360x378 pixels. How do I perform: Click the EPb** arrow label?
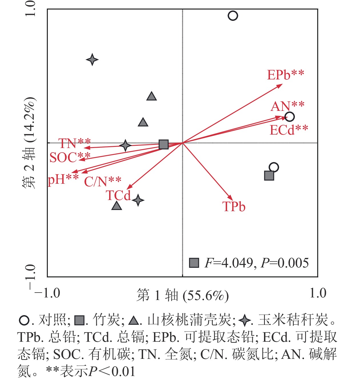[285, 75]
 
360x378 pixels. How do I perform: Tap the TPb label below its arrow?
[234, 207]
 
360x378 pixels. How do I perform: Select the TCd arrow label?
[118, 196]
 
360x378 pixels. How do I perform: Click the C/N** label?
[103, 181]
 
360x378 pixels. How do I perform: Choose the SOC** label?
[70, 157]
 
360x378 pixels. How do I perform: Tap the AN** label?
[287, 106]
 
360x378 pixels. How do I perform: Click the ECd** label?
[289, 130]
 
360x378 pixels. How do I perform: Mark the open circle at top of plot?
[233, 16]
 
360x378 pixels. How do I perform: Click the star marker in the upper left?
[92, 60]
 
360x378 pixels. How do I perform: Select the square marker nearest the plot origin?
[163, 145]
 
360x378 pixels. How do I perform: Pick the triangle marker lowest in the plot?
[117, 206]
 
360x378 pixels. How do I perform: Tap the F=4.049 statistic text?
[229, 263]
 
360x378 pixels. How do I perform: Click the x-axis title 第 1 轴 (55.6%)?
[183, 295]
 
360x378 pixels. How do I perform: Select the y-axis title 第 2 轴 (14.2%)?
[29, 143]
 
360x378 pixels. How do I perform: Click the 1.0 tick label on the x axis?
[318, 293]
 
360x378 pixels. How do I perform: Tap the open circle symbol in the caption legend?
[24, 320]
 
